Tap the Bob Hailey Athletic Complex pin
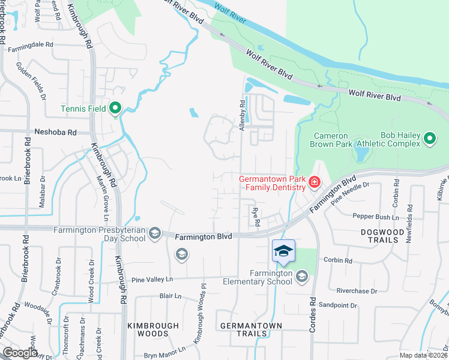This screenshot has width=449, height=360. click(429, 139)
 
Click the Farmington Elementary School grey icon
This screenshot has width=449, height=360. click(301, 276)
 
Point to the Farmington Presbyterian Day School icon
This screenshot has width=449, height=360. click(154, 233)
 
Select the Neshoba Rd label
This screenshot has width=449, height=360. click(56, 132)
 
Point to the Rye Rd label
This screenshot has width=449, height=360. click(256, 217)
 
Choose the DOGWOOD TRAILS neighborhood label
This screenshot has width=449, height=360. click(379, 235)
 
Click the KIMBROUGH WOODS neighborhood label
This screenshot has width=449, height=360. click(153, 329)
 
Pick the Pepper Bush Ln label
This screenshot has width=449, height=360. click(376, 217)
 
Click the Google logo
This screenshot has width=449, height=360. click(20, 352)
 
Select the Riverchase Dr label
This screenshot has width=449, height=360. click(357, 291)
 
